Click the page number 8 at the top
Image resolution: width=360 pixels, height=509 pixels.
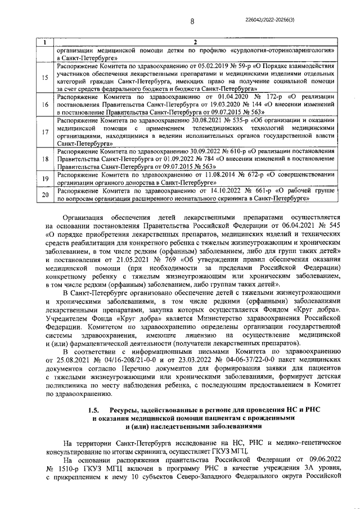click(192, 21)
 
